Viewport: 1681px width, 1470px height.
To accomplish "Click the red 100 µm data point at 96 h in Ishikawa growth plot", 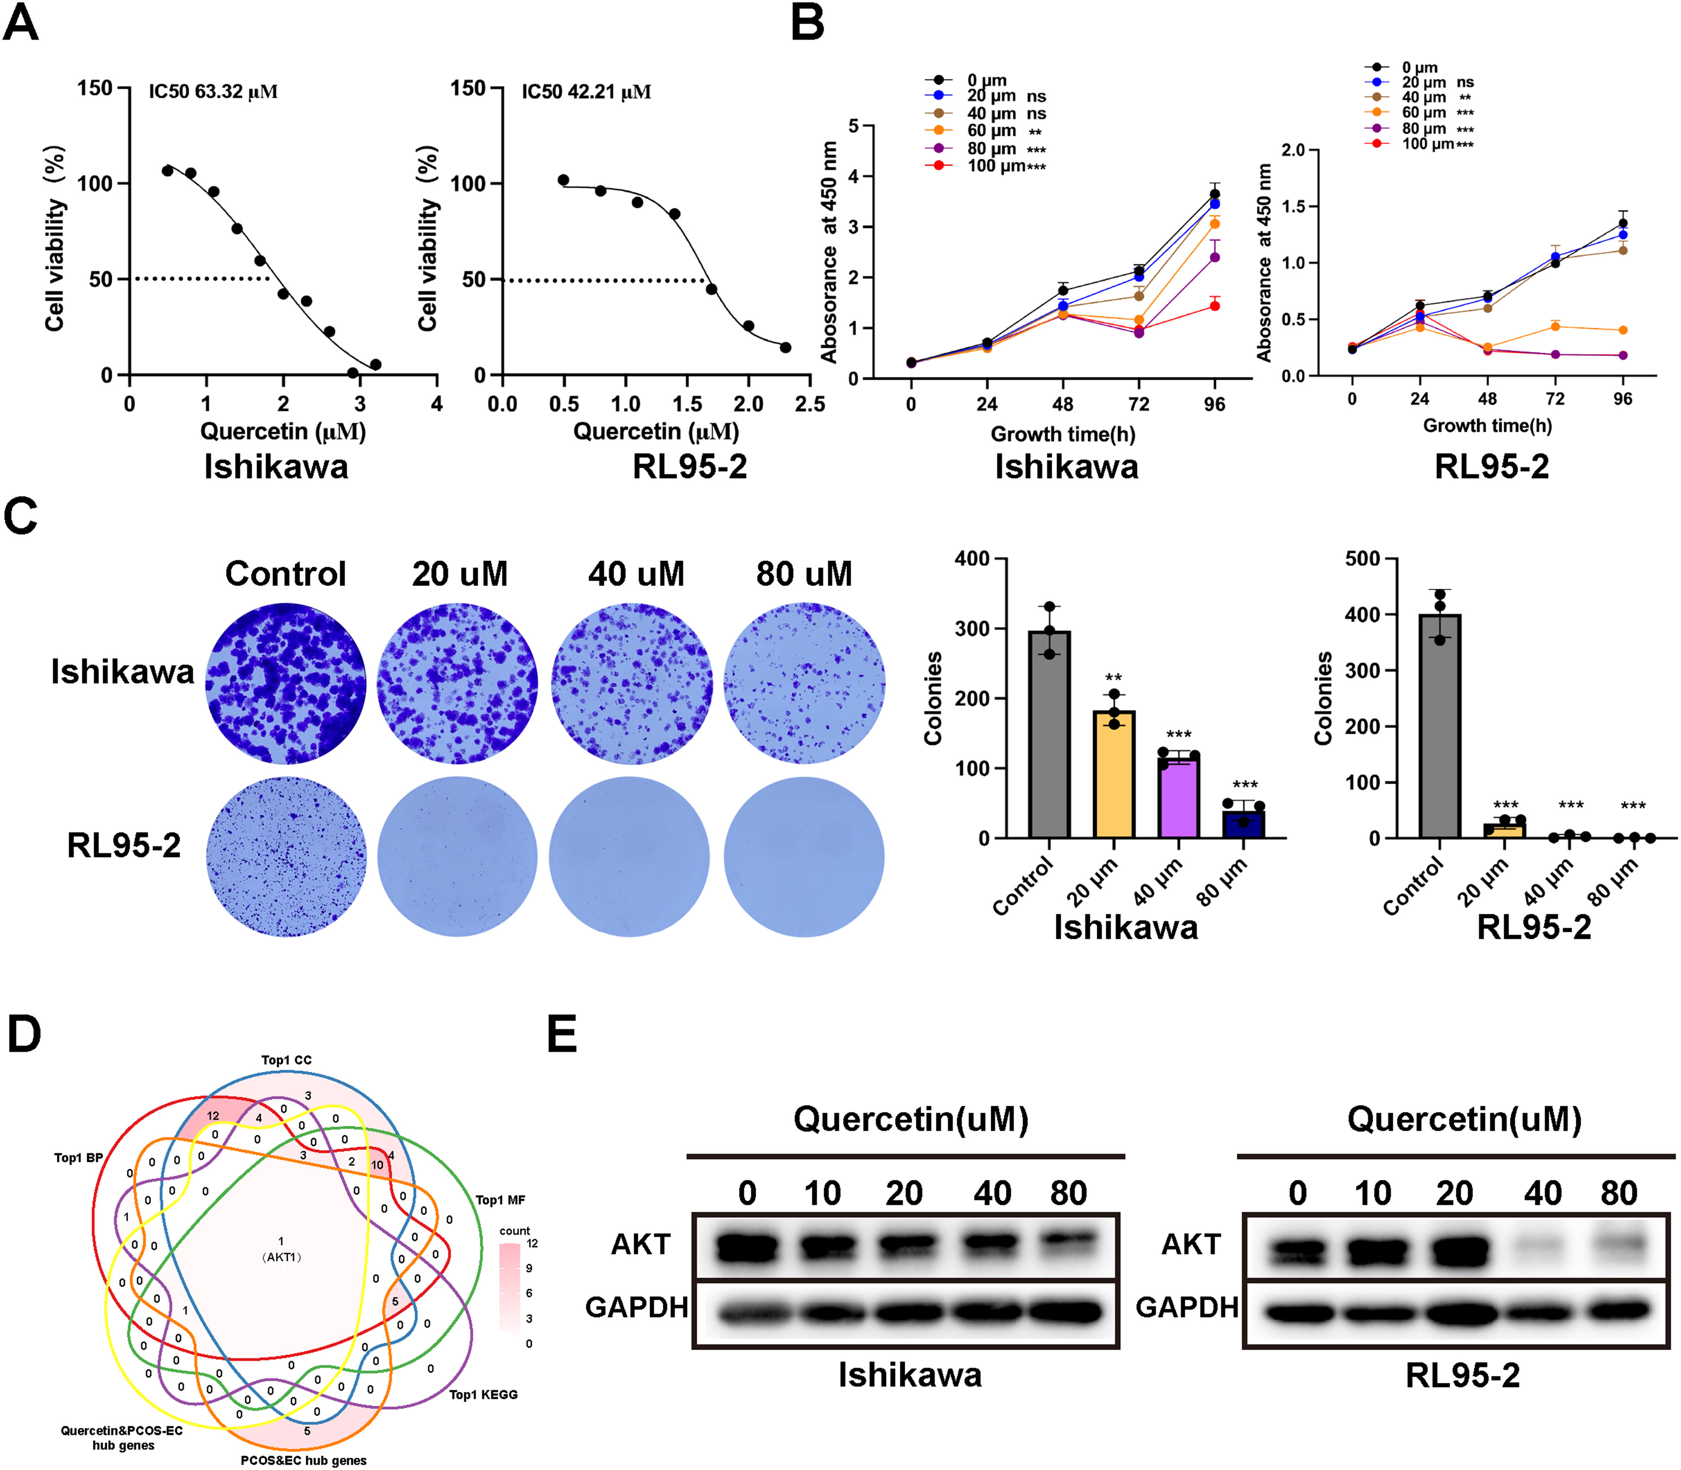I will pyautogui.click(x=1214, y=306).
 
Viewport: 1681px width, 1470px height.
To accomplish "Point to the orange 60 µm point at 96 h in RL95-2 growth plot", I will pyautogui.click(x=1622, y=330).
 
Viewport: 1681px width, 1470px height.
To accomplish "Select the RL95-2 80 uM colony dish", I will pyautogui.click(x=803, y=857).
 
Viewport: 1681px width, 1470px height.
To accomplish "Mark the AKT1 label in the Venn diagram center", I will pyautogui.click(x=282, y=1257).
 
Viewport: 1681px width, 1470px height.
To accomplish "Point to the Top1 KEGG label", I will pyautogui.click(x=483, y=1394).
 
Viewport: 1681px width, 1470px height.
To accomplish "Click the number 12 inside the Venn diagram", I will pyautogui.click(x=212, y=1116).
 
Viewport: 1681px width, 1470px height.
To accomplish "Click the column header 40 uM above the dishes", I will pyautogui.click(x=636, y=573).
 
